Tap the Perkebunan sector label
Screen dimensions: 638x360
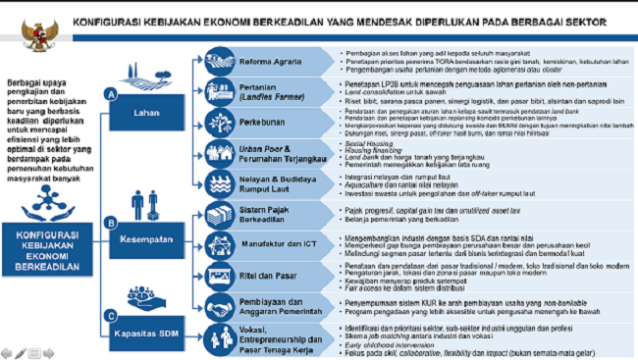(x=262, y=124)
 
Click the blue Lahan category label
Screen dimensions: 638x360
(x=148, y=112)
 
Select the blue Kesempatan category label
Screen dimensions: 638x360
(x=148, y=237)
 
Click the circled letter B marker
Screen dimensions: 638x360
(x=111, y=223)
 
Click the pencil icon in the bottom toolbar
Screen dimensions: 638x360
(x=19, y=351)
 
